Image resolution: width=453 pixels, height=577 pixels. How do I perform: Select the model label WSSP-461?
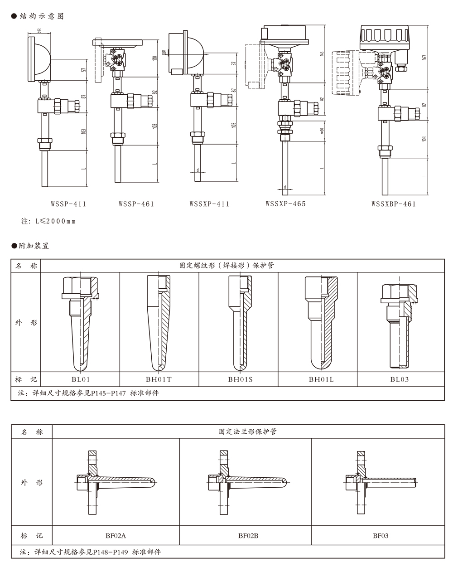pyautogui.click(x=136, y=204)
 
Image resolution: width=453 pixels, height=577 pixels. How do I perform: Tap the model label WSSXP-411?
pyautogui.click(x=209, y=204)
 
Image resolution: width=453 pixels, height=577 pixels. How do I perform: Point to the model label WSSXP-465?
pyautogui.click(x=286, y=204)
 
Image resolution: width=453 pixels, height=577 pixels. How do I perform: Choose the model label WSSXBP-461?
pyautogui.click(x=393, y=204)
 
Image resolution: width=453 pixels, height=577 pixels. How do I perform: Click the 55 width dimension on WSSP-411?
pyautogui.click(x=39, y=31)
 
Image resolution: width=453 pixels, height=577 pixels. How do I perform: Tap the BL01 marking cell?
pyautogui.click(x=80, y=379)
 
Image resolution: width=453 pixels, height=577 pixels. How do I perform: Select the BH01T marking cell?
pyautogui.click(x=159, y=379)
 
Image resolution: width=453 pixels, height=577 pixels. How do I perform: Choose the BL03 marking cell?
pyautogui.click(x=400, y=379)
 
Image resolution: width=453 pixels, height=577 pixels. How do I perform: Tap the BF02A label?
pyautogui.click(x=116, y=536)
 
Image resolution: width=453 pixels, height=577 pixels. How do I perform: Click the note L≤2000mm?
pyautogui.click(x=48, y=222)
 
